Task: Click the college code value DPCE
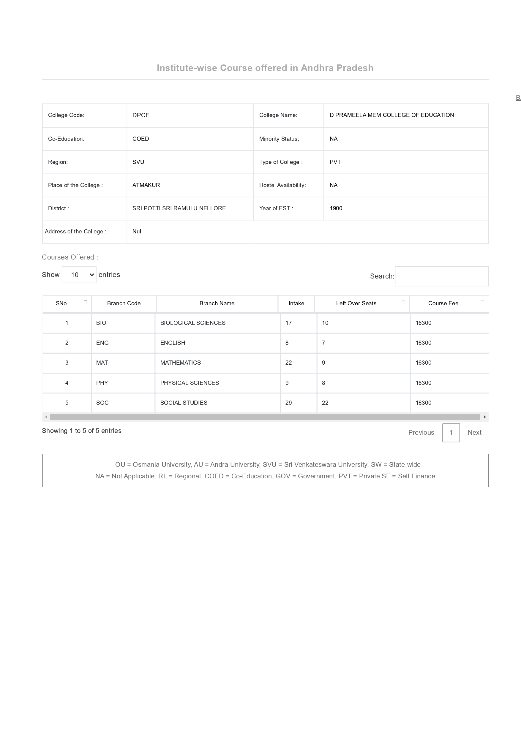140,115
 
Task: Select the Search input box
441,276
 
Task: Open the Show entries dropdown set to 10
79,275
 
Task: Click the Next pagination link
474,432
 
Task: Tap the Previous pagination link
421,432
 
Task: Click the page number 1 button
451,432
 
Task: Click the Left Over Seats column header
356,303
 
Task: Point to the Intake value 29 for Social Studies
289,403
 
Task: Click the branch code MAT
102,363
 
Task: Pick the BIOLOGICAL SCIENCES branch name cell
192,323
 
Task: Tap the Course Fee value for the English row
423,343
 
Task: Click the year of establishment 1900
336,208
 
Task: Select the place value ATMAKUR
146,185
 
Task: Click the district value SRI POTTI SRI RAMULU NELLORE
179,208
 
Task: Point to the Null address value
138,231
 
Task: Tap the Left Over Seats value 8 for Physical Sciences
323,383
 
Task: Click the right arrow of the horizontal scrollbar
485,417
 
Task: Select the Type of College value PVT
335,162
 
